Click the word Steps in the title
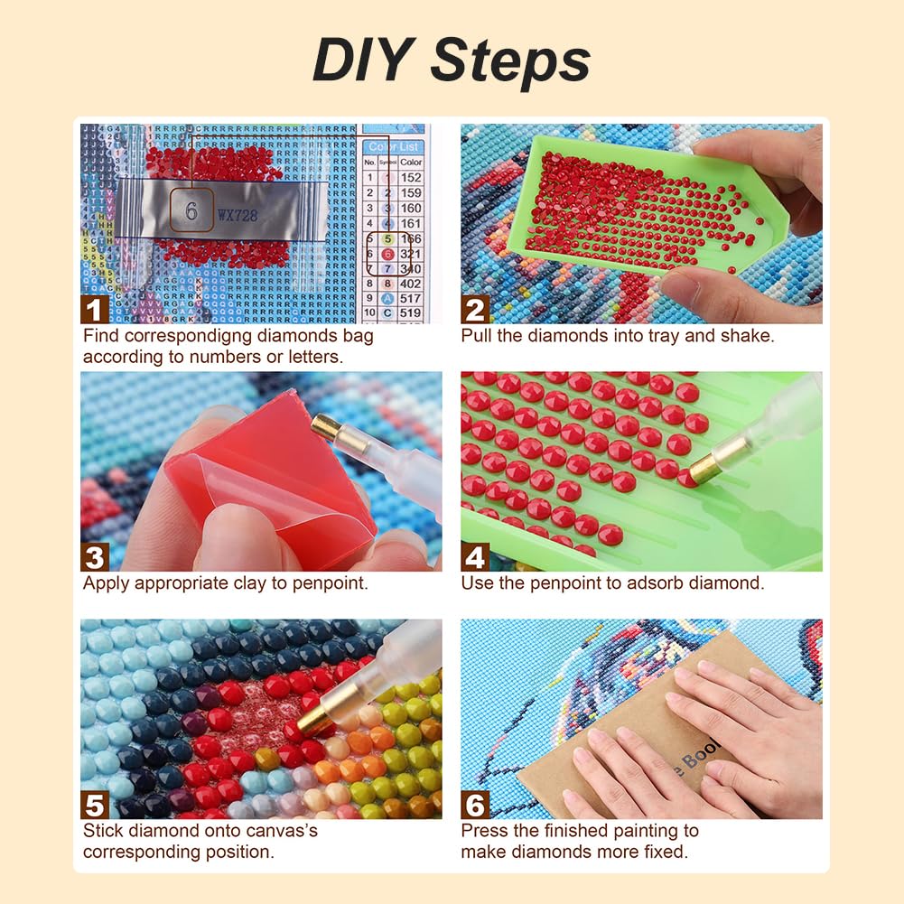(x=510, y=61)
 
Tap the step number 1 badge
(x=95, y=310)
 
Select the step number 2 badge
(x=475, y=310)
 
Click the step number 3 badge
(x=95, y=557)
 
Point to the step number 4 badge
(x=475, y=557)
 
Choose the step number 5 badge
(x=95, y=805)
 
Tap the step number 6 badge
(x=475, y=805)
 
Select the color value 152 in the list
(x=411, y=178)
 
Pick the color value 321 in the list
(x=411, y=254)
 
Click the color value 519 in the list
(x=411, y=313)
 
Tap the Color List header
(x=394, y=146)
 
